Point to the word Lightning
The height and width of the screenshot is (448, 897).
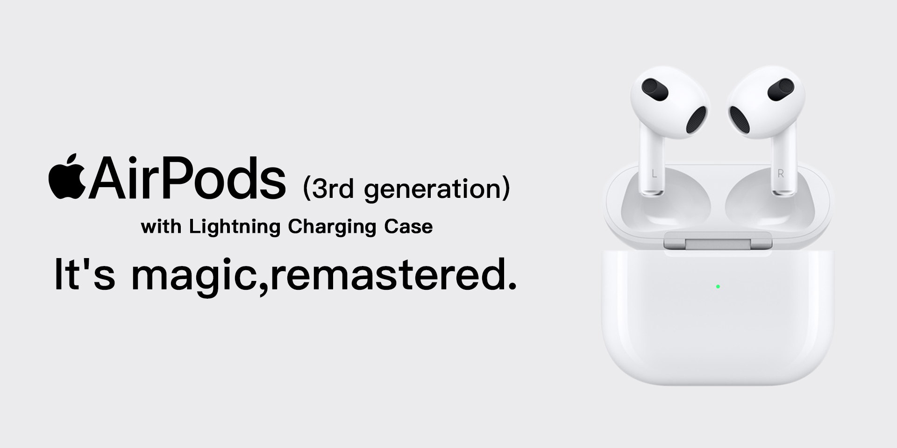[x=235, y=227]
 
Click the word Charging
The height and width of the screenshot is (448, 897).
[x=332, y=227]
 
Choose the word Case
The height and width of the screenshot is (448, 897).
[x=408, y=227]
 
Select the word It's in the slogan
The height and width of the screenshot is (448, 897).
[x=85, y=274]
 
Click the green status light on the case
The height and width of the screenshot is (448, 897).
[x=718, y=287]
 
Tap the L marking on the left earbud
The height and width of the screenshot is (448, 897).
[x=654, y=175]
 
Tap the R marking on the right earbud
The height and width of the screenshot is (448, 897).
[x=780, y=174]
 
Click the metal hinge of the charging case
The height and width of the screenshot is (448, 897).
[x=718, y=244]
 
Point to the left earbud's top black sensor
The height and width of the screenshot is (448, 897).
[x=652, y=89]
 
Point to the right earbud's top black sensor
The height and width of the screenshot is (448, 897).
[x=781, y=89]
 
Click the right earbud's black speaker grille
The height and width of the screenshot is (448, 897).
[x=740, y=119]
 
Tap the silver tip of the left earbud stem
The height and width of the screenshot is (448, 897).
[x=653, y=192]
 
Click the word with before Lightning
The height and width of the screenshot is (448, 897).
[x=161, y=227]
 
